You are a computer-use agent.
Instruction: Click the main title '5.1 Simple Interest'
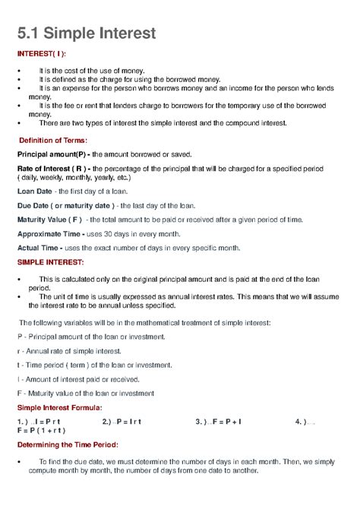coord(87,33)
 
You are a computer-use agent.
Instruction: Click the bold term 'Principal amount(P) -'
coord(55,154)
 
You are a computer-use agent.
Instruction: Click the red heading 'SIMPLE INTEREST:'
coord(50,262)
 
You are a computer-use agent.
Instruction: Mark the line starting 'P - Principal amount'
coord(91,337)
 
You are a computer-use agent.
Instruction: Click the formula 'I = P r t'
coord(46,421)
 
